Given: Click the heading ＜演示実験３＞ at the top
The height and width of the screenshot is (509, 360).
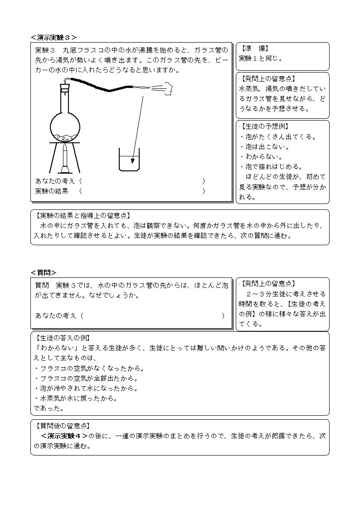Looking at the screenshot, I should pyautogui.click(x=54, y=38).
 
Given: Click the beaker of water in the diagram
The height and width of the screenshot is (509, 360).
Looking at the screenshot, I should pyautogui.click(x=129, y=160).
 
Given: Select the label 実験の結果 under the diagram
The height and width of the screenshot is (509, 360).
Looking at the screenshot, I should pyautogui.click(x=52, y=191).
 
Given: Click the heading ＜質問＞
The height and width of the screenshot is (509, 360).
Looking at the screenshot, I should pyautogui.click(x=44, y=272).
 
